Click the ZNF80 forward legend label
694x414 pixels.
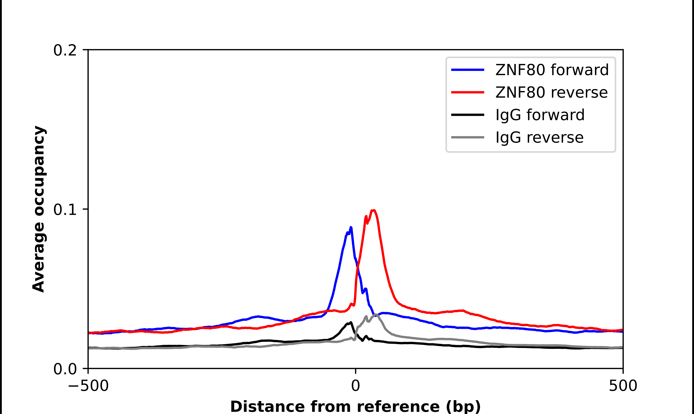(x=552, y=70)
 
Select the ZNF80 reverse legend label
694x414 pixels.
(x=551, y=92)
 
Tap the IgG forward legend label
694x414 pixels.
(x=540, y=115)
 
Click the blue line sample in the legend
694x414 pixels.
(x=468, y=70)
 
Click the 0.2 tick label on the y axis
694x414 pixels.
(x=65, y=50)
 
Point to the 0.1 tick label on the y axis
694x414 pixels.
(x=65, y=210)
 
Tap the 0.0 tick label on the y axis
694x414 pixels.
(x=65, y=369)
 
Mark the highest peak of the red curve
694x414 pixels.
(x=373, y=210)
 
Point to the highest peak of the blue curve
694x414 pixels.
(x=351, y=227)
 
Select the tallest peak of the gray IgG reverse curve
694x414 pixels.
(x=376, y=314)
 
